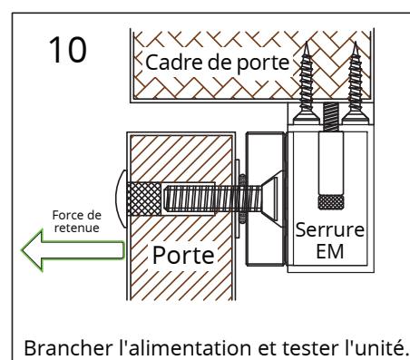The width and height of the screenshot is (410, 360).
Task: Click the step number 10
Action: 67,50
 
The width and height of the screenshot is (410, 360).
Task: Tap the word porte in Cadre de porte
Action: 262,63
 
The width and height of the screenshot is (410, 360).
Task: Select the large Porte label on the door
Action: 183,256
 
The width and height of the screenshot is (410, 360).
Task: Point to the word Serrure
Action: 329,230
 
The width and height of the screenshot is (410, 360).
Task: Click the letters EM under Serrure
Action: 329,251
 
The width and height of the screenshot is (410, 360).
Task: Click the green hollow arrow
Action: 73,250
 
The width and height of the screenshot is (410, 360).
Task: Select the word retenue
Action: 77,228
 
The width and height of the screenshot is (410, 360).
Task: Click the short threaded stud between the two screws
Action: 331,117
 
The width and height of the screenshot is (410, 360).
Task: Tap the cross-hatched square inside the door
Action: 144,199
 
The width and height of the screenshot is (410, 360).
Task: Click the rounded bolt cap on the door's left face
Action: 122,199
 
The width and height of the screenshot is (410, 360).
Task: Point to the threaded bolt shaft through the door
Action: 211,199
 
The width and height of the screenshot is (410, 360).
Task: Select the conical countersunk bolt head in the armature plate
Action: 272,199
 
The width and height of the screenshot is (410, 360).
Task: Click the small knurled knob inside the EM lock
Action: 331,202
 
